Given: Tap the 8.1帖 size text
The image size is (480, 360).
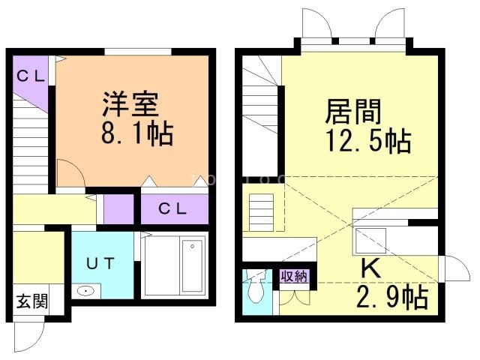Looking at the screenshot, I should tap(137, 134).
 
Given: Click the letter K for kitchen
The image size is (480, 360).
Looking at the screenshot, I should tap(369, 267).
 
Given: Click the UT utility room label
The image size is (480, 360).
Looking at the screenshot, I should tap(100, 263).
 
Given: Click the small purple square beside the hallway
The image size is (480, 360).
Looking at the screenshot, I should tap(117, 209).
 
